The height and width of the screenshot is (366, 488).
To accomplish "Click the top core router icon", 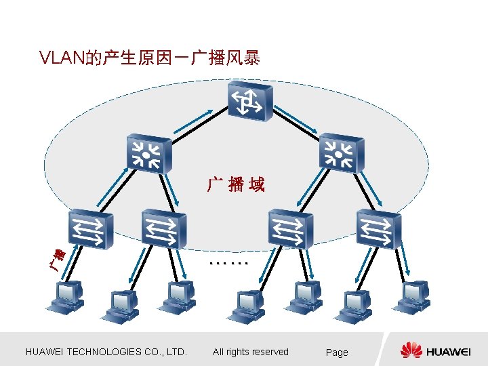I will [x=250, y=102].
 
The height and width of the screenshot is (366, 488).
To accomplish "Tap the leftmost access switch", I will [x=90, y=230].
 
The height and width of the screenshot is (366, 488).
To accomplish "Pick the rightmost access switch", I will [x=378, y=228].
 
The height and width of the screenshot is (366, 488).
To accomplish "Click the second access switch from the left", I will [x=163, y=229].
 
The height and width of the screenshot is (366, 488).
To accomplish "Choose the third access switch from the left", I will [x=290, y=228].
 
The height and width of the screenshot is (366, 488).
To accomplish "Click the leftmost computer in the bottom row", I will [x=66, y=298].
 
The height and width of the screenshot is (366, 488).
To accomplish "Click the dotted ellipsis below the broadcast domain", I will [x=230, y=261].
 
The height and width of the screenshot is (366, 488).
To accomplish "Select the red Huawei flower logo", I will [x=411, y=350].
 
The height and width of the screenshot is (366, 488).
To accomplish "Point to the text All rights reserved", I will [x=250, y=352].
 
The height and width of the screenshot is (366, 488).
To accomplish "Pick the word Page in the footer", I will [x=337, y=352].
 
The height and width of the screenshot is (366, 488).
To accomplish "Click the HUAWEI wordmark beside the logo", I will [x=449, y=351].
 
